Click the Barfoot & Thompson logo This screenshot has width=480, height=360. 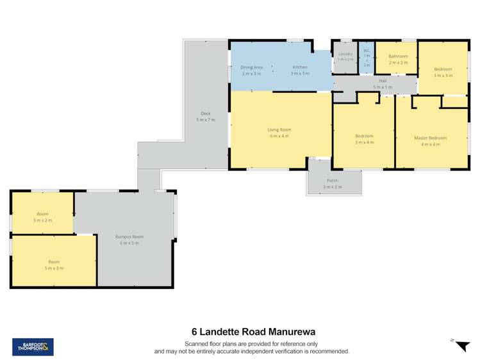33,347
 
